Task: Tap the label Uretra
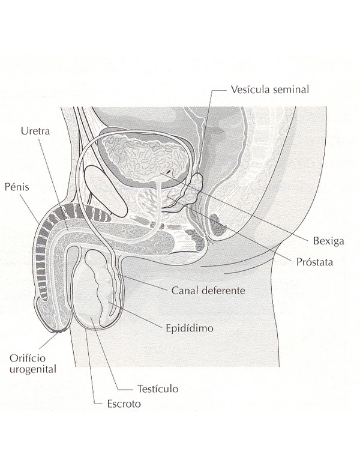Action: point(34,132)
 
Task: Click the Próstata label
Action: point(315,262)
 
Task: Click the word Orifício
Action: point(27,358)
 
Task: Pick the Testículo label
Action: point(157,389)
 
